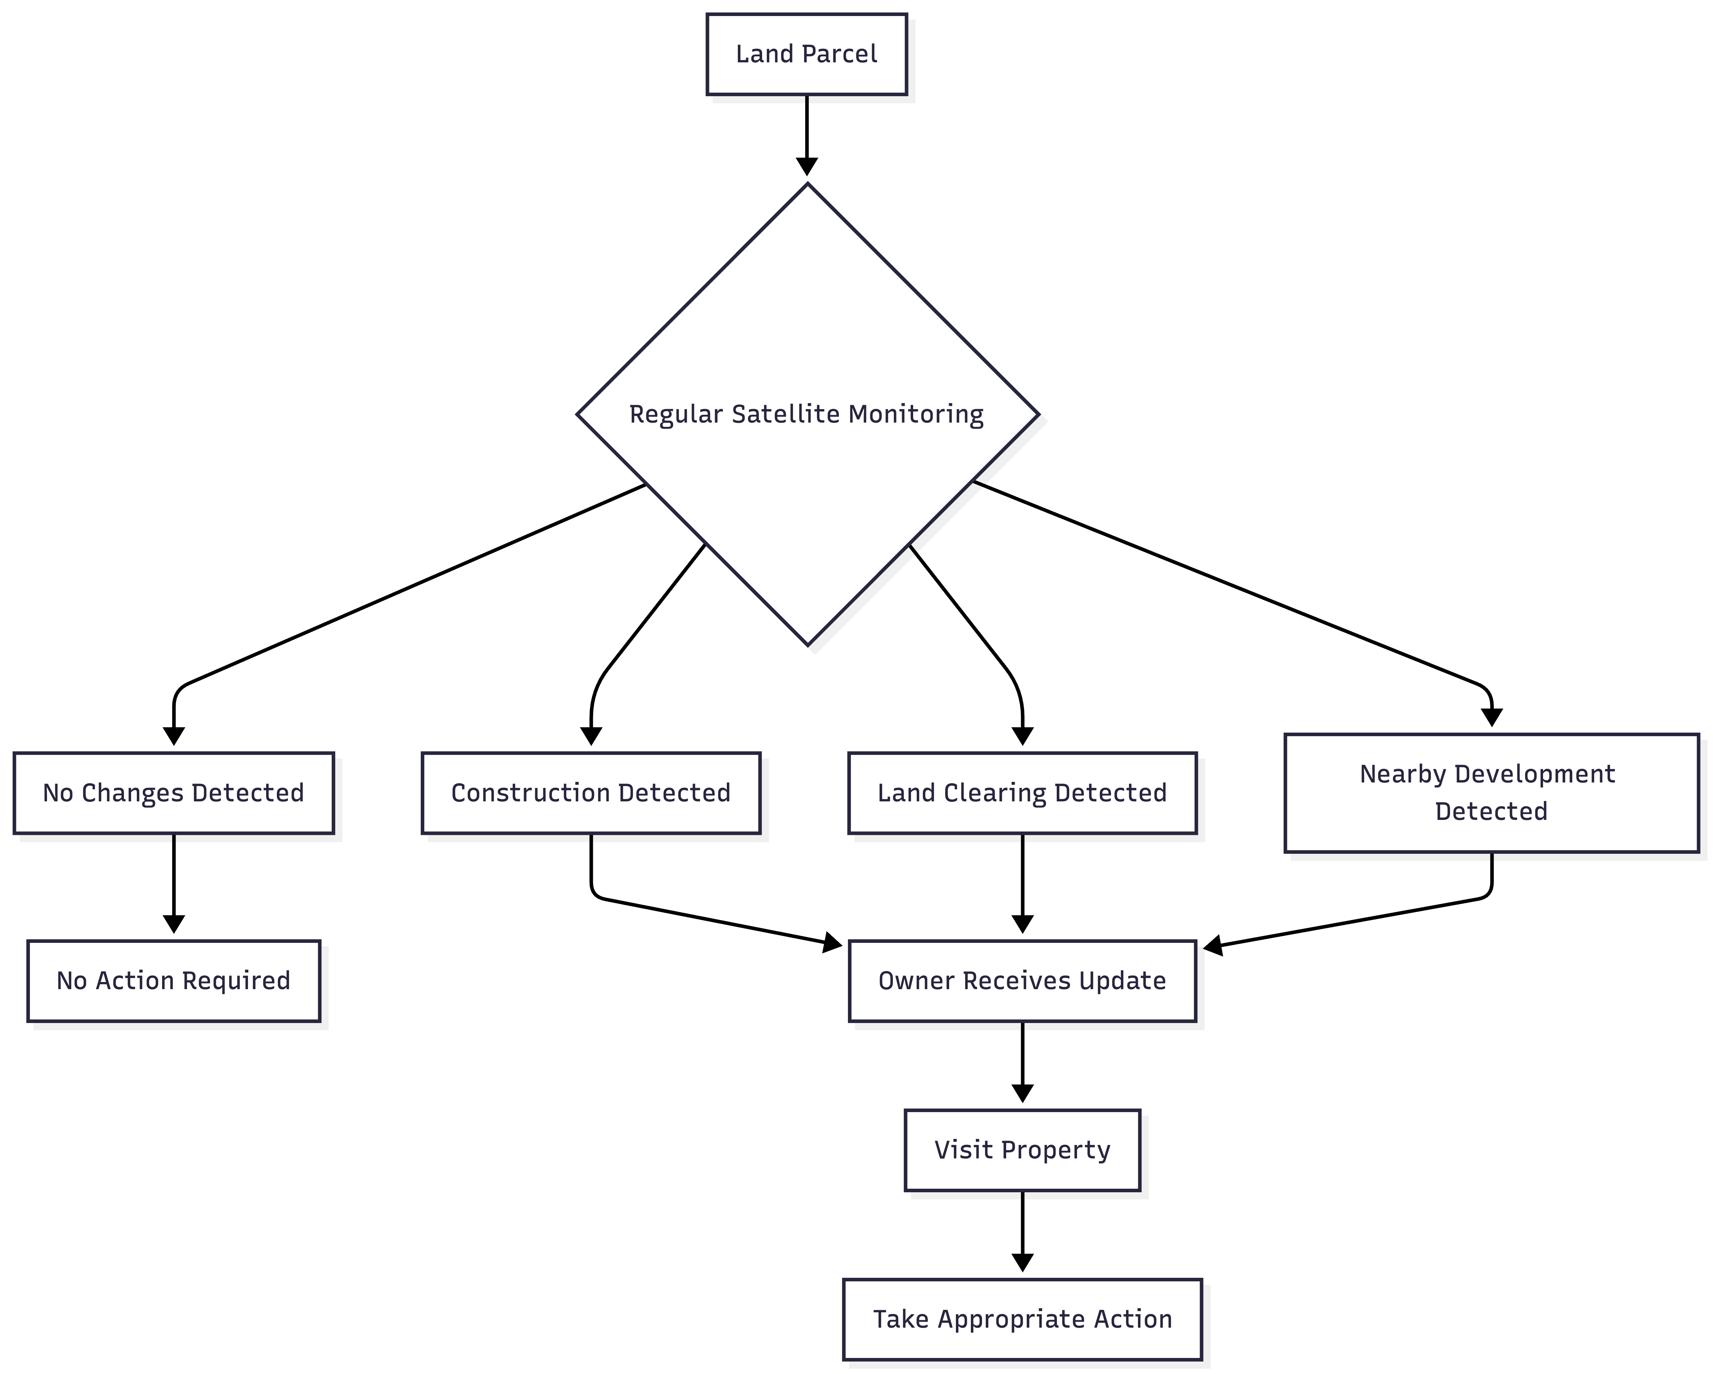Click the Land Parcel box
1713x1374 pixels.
[807, 54]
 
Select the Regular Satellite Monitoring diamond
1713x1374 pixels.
[807, 414]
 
